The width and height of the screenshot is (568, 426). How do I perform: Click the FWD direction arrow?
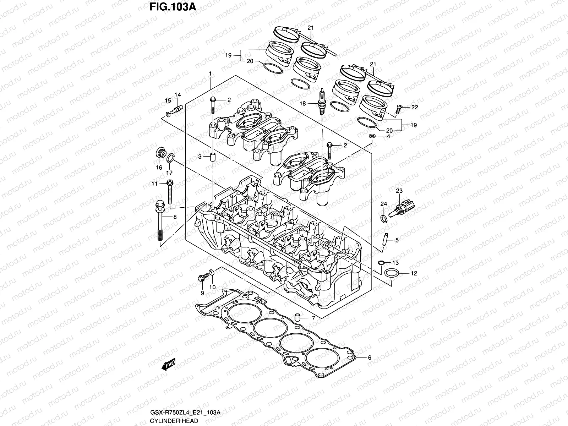point(169,365)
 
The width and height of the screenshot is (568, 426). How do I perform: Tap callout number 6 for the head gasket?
point(369,358)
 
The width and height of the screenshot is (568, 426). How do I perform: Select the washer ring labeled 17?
point(170,157)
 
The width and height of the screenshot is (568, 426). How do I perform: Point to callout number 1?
point(210,73)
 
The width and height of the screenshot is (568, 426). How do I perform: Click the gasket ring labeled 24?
point(384,218)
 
